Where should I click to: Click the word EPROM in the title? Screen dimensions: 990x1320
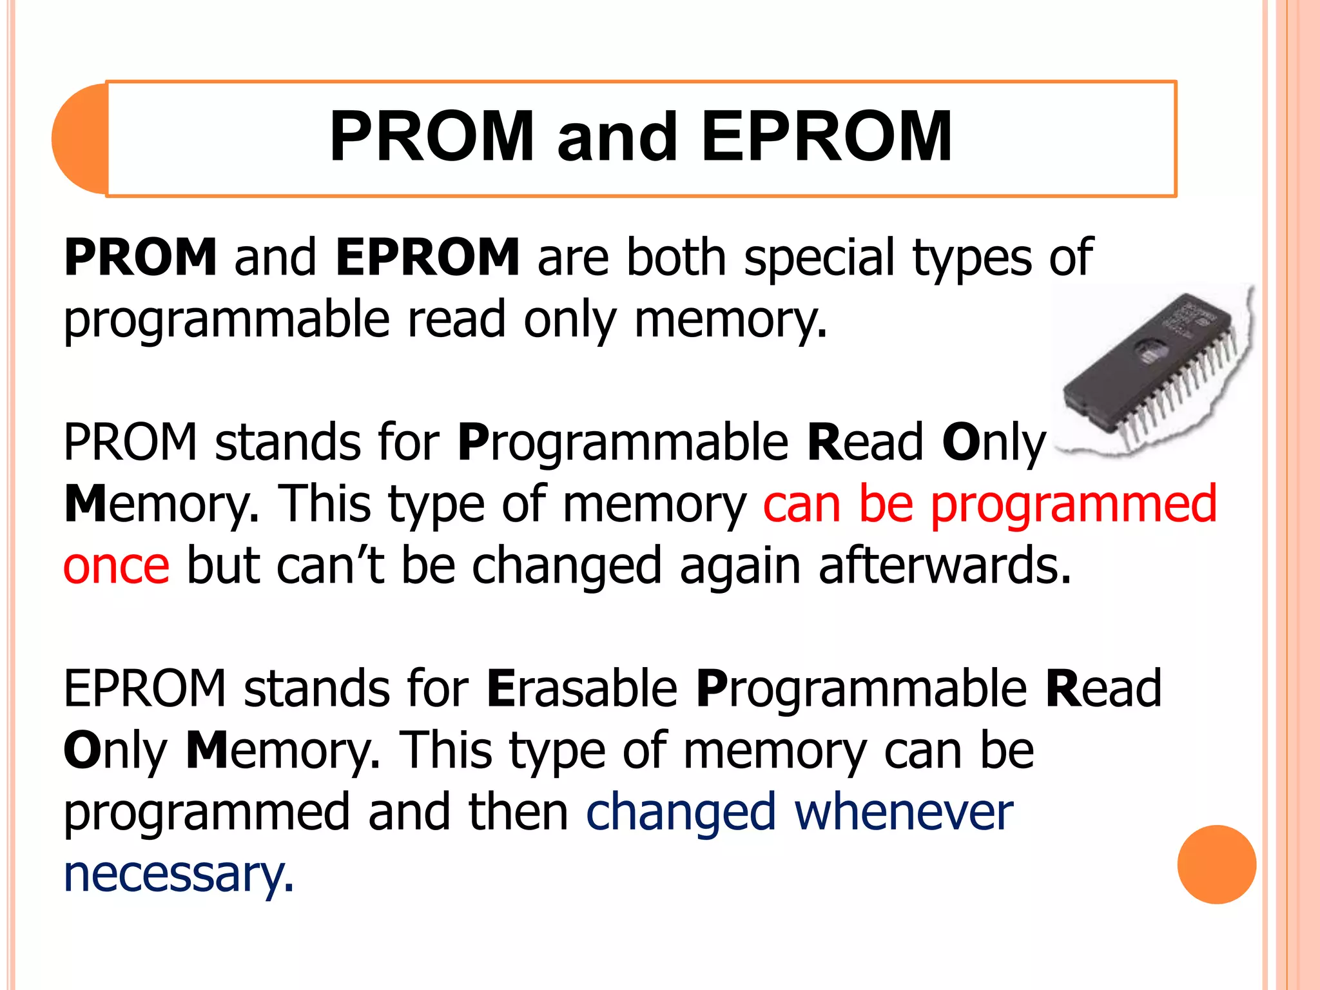tap(826, 137)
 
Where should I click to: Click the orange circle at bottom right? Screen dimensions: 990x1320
tap(1216, 864)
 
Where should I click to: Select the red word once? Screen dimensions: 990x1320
tap(117, 566)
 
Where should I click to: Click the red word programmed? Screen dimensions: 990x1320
tap(1074, 504)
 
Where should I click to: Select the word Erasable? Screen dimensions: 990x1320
tap(582, 688)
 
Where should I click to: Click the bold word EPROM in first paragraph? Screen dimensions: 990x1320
tap(427, 257)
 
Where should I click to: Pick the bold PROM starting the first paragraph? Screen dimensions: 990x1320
tap(141, 257)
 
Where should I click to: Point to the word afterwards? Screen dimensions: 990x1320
tap(944, 566)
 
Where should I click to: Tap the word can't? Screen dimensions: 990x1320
tap(330, 566)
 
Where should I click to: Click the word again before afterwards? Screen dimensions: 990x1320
tap(740, 566)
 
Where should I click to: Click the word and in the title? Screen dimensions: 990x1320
tap(617, 137)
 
